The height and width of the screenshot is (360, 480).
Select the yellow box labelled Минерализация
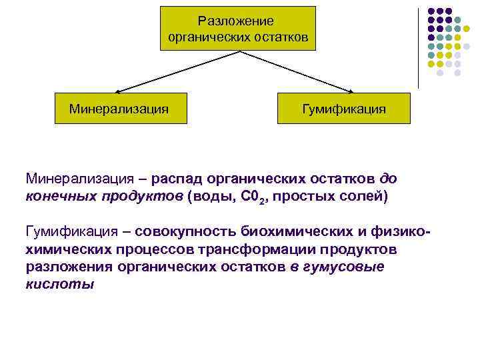pyautogui.click(x=119, y=107)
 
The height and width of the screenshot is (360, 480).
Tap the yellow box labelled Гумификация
pyautogui.click(x=344, y=107)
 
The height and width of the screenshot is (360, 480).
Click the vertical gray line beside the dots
pyautogui.click(x=419, y=47)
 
